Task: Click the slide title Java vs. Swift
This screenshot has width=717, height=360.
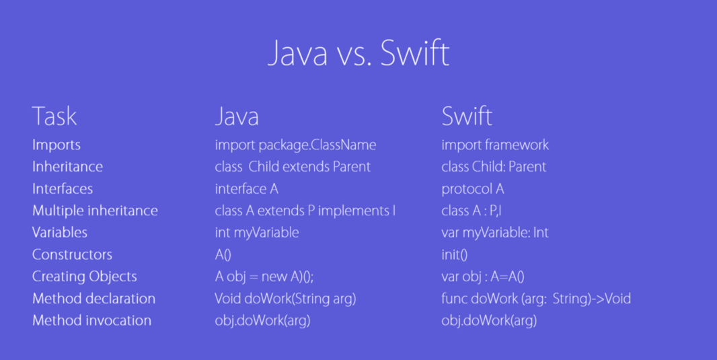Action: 358,53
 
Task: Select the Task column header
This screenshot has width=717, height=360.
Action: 54,116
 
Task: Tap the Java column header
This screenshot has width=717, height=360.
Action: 237,116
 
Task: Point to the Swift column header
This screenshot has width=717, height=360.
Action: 467,116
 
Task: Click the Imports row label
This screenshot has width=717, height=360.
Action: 56,145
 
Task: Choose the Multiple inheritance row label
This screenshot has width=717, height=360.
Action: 95,211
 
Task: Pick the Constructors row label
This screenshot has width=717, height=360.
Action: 72,254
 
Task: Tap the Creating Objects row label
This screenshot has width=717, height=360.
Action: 84,277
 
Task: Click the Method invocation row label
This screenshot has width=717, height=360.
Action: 91,320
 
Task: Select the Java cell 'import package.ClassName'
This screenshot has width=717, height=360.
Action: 295,145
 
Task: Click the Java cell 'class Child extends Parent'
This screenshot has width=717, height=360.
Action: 293,167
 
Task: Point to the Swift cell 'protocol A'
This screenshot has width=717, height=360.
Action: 472,189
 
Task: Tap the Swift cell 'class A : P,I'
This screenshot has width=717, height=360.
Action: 471,211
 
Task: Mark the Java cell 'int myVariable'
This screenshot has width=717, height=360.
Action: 257,233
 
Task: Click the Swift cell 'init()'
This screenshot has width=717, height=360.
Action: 454,254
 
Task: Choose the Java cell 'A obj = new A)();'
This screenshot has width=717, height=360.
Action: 264,277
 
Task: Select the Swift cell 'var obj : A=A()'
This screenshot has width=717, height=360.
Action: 482,277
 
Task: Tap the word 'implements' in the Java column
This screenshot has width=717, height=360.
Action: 353,211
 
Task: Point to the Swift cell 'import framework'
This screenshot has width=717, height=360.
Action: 495,145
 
